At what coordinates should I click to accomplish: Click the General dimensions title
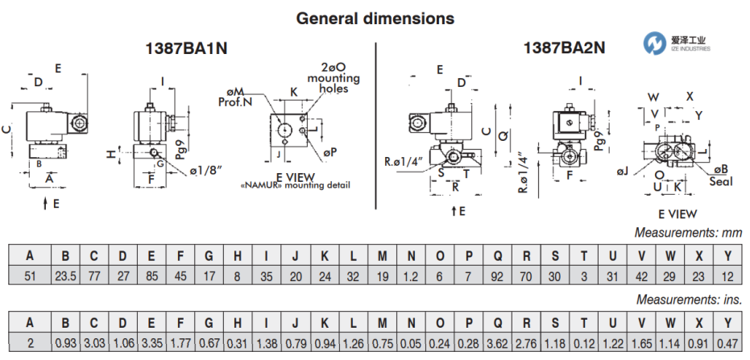pyautogui.click(x=375, y=18)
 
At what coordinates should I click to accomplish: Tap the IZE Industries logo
pyautogui.click(x=676, y=43)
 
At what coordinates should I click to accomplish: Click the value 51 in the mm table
pyautogui.click(x=30, y=276)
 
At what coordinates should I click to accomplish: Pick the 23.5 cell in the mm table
pyautogui.click(x=66, y=276)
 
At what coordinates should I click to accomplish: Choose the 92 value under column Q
pyautogui.click(x=499, y=276)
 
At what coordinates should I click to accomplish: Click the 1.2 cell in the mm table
pyautogui.click(x=411, y=276)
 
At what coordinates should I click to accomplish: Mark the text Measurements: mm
pyautogui.click(x=688, y=234)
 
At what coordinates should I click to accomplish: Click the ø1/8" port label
pyautogui.click(x=204, y=170)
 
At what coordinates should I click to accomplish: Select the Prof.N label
pyautogui.click(x=234, y=102)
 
